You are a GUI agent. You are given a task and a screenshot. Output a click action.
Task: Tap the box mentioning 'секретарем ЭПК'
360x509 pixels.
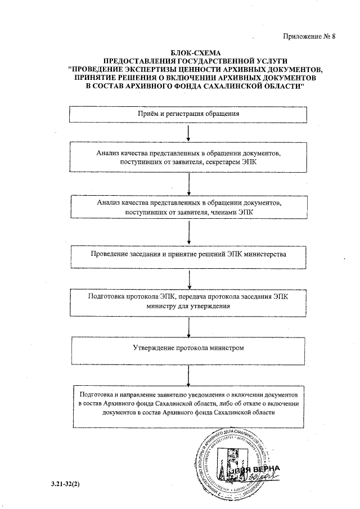[x=189, y=157]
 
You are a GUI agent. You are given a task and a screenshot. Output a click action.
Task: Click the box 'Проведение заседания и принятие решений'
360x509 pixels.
[x=189, y=254]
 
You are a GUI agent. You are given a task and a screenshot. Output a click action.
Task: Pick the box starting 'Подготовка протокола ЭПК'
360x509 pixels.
[x=189, y=301]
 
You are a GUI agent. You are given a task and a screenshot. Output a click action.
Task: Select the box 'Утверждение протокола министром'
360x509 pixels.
[x=189, y=348]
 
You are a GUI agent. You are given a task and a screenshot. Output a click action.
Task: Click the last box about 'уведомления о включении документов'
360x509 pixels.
[x=189, y=403]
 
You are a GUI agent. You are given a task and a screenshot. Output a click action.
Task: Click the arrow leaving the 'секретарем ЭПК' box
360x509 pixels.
[x=189, y=181]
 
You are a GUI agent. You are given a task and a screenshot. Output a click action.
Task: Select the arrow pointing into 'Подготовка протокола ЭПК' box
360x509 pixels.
[x=189, y=277]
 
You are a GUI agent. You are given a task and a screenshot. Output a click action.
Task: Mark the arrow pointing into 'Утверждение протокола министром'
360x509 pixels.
[x=189, y=325]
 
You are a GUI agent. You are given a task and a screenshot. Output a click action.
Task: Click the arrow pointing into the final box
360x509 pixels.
[x=189, y=373]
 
